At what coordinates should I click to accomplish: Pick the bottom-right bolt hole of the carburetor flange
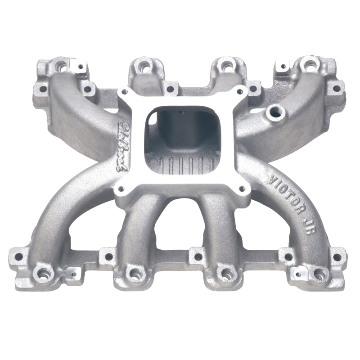243,189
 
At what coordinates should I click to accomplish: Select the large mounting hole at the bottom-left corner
43,273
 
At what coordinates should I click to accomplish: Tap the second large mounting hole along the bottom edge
135,273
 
